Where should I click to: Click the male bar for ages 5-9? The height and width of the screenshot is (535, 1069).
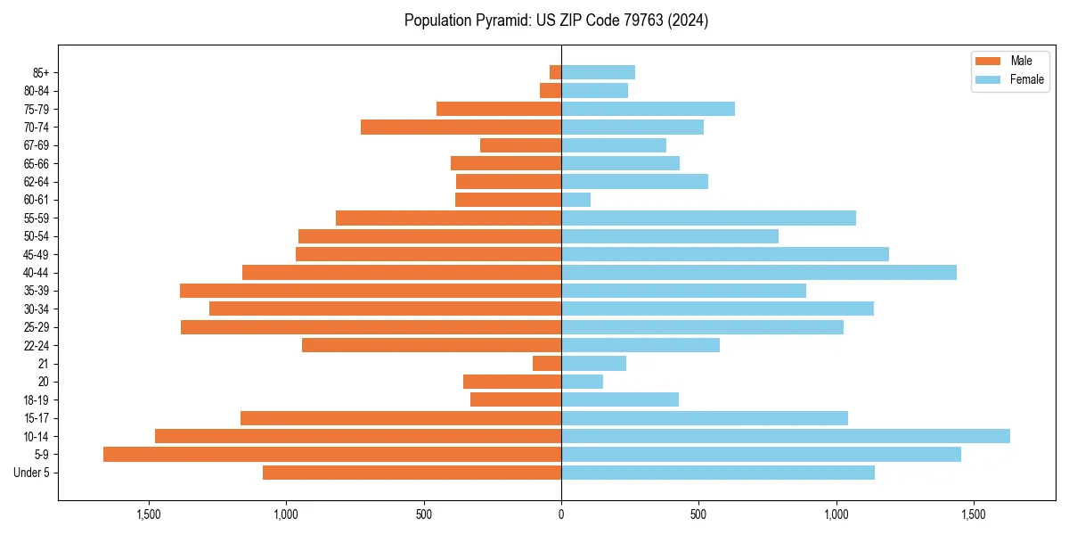point(332,455)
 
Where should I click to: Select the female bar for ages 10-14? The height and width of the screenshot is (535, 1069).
point(786,436)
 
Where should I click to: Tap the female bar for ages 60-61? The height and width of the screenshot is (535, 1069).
point(575,200)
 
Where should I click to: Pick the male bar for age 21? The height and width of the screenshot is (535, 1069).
point(547,364)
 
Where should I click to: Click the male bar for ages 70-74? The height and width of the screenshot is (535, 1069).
point(461,128)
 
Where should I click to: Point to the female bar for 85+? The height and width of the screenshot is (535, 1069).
point(598,72)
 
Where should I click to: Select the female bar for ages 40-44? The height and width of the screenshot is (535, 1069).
point(759,273)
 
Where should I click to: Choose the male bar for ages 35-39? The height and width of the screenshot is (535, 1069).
point(371,291)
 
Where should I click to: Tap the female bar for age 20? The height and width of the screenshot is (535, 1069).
point(582,382)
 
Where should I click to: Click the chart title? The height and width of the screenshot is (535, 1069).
point(556,21)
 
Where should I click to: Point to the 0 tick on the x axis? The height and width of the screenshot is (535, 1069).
point(561,514)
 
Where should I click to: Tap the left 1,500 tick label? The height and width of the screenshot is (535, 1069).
point(148,514)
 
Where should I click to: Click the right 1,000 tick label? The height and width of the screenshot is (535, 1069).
point(836,514)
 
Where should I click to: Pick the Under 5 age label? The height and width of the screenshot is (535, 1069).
point(32,473)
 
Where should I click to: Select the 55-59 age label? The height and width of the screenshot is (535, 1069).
point(37,218)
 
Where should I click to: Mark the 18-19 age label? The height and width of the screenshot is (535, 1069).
point(37,400)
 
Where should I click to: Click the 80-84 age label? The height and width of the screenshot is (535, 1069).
point(37,91)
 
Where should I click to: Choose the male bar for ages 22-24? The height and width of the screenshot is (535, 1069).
point(431,345)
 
